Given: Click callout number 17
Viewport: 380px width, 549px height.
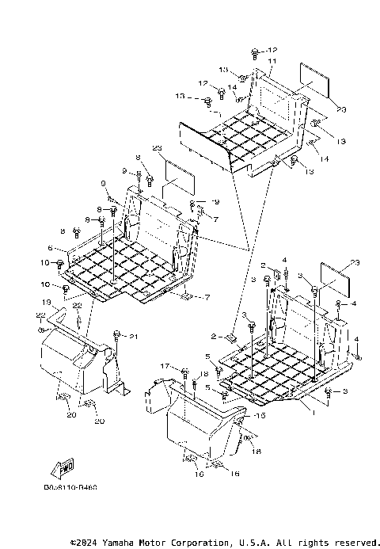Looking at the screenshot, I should tap(165, 365).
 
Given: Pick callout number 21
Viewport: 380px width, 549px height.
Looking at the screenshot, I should tap(133, 337).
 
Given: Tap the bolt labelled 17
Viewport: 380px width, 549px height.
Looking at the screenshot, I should tap(184, 372).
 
